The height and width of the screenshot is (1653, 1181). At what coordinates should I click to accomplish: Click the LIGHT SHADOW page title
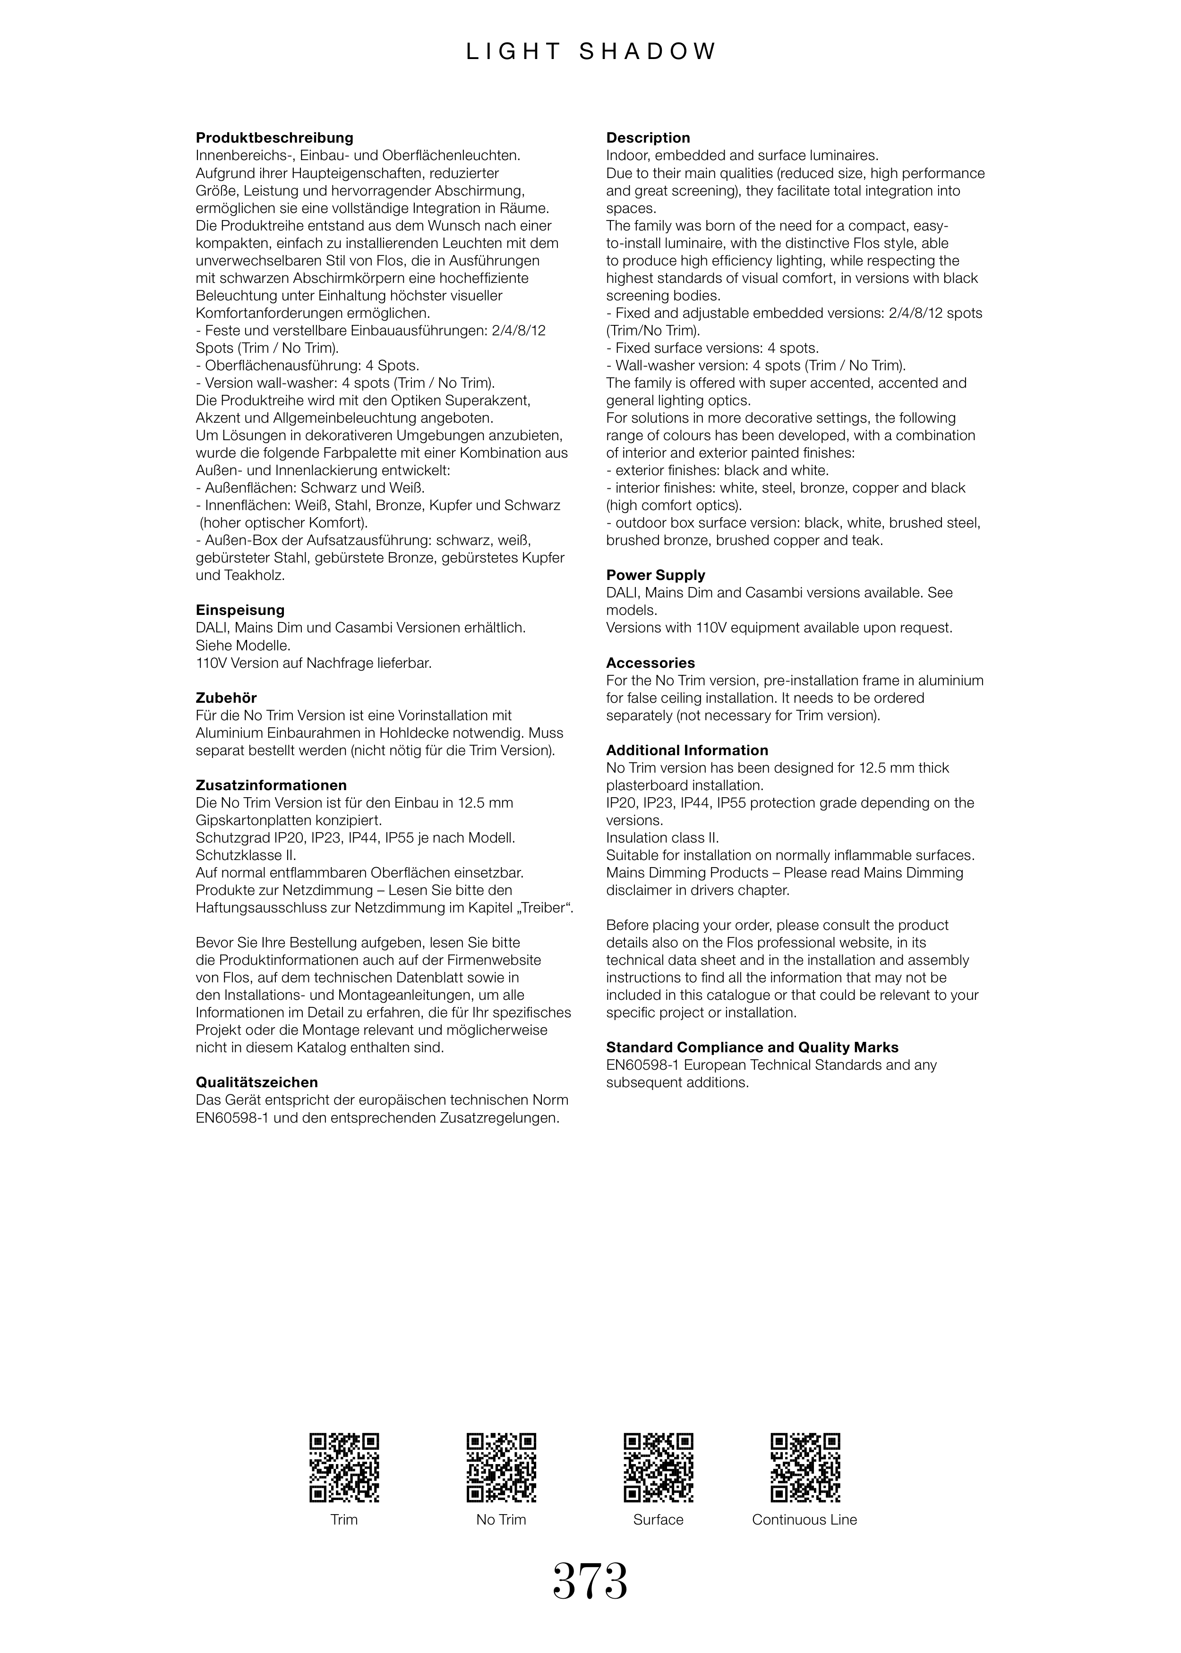(x=590, y=51)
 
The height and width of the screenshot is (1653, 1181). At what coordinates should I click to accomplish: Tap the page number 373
(x=590, y=1582)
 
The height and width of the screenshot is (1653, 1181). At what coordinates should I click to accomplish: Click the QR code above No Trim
(x=501, y=1468)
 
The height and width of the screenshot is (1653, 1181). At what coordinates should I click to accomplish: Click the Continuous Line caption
(x=804, y=1519)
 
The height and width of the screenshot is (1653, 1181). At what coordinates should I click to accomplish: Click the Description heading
(x=648, y=138)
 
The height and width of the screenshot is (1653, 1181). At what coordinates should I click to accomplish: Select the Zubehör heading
(x=226, y=698)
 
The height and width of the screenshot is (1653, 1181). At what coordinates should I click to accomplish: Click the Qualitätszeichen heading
(x=257, y=1082)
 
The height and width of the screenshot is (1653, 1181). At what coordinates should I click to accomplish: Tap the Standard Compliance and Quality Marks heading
(x=752, y=1048)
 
